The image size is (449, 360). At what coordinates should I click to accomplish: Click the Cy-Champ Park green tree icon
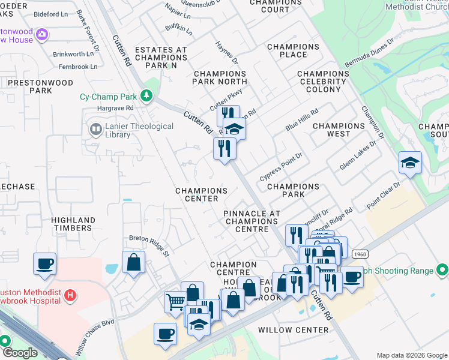pos(146,96)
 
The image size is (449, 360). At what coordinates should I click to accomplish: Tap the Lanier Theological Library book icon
pos(95,129)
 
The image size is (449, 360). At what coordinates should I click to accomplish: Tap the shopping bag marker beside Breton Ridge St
pos(133,262)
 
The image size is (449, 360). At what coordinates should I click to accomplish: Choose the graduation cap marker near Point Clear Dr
pos(410,162)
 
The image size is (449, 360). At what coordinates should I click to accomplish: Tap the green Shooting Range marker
pos(442,271)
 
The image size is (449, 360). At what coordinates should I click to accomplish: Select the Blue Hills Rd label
pos(301,118)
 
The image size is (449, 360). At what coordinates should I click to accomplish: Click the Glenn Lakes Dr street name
pos(358,155)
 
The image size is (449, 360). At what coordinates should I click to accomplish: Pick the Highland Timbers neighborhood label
pos(73,224)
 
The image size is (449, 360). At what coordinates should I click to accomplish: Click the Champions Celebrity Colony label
pos(323,82)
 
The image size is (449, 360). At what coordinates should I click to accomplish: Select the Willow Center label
pos(294,330)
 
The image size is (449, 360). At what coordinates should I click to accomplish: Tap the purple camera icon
pos(41,34)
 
